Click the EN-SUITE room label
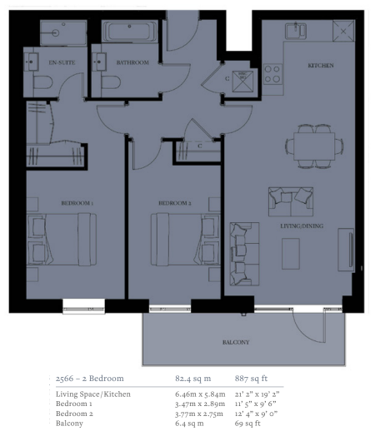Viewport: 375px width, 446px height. coord(62,62)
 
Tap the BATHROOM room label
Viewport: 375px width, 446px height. coord(132,62)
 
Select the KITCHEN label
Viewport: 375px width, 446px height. coord(321,66)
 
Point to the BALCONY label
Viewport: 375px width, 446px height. coord(236,342)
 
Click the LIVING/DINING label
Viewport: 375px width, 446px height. coord(302,226)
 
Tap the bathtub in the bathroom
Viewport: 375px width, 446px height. coord(130,32)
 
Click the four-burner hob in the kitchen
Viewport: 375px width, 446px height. coord(272,74)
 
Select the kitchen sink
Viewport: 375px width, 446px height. coord(296,31)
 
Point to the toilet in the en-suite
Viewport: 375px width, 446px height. coord(43,82)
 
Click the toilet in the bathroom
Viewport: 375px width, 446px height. coord(111,82)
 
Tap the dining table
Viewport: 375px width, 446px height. coord(314,146)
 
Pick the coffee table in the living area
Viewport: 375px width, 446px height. coord(291,254)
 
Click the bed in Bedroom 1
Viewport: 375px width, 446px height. coord(62,240)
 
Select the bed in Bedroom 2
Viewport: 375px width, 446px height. coord(186,240)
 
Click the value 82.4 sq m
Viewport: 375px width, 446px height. coord(192,379)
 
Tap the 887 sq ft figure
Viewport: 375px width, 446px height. coord(251,379)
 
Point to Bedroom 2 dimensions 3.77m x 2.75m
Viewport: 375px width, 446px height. coord(199,414)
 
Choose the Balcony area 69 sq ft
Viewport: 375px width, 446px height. coord(247,424)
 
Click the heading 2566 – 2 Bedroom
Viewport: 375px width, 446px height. coord(90,379)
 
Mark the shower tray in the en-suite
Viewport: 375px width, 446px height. coord(63,32)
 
